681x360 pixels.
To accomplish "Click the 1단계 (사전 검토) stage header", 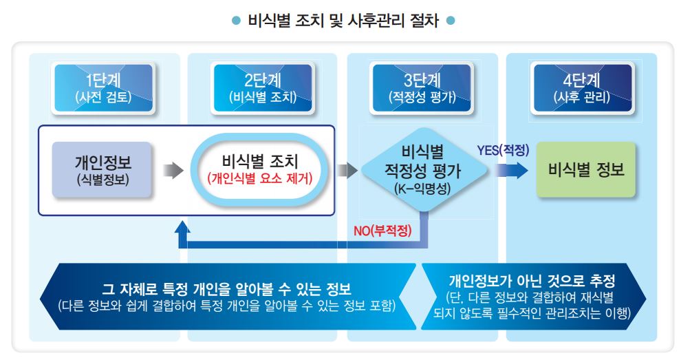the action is coord(103,88).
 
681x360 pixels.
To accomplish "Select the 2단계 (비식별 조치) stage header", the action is coord(263,88).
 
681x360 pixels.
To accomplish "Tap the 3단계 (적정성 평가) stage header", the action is coord(422,88).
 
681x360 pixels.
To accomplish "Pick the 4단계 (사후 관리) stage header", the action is coord(582,88).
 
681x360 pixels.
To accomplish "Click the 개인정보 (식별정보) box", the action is coord(102,170).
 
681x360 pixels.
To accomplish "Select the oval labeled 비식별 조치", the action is coord(259,169).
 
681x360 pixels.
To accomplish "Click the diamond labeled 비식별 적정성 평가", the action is coord(422,170).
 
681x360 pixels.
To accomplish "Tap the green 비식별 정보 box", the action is coord(586,169).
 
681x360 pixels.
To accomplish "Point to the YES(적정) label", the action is coord(503,151).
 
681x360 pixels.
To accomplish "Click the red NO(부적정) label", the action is coord(382,230).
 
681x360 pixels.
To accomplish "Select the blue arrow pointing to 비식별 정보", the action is coord(512,171).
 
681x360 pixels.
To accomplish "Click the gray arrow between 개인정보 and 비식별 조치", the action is coord(173,170).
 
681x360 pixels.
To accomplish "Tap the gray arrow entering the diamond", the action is coord(347,170).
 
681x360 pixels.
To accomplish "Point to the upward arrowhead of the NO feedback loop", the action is coord(182,228).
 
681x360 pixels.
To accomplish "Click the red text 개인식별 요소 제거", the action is coord(260,178).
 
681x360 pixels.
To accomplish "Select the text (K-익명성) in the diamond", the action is coord(422,189).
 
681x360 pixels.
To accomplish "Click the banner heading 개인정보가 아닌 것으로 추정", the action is coord(532,281).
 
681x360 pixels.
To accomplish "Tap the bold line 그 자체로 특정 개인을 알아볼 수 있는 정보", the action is coord(226,288).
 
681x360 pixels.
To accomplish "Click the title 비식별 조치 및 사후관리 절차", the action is coord(343,21).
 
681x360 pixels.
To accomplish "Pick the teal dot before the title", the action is coord(236,21).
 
